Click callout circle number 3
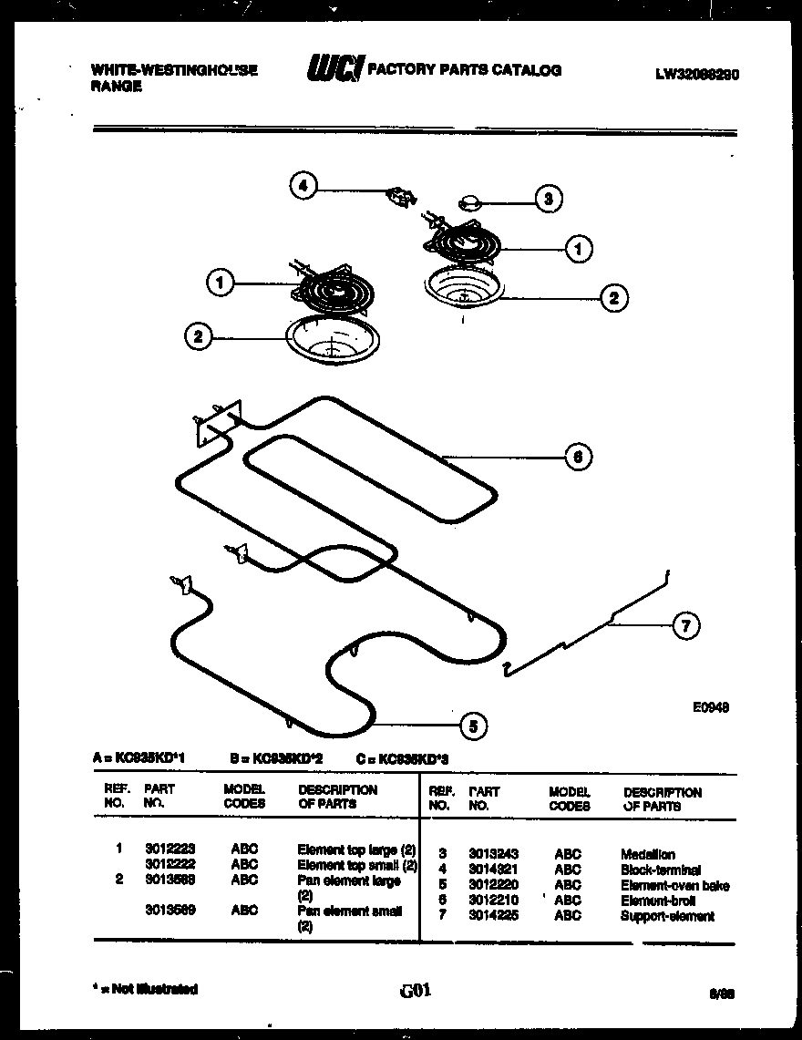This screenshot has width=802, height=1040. (x=548, y=199)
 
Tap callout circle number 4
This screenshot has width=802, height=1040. (x=303, y=187)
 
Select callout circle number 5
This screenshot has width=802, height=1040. (x=471, y=726)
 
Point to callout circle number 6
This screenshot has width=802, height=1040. (x=578, y=456)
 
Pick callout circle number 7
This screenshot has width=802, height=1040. (x=685, y=626)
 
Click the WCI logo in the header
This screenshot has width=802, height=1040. (x=335, y=69)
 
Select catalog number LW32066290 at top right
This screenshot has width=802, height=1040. (x=696, y=76)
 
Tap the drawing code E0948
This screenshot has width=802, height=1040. (x=711, y=705)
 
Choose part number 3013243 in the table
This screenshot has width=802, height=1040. (x=493, y=854)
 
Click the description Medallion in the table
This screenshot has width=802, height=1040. (x=648, y=854)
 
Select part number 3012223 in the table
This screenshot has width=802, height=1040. (x=169, y=849)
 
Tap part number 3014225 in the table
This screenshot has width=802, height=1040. (x=493, y=916)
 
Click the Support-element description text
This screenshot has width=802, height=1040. (x=667, y=916)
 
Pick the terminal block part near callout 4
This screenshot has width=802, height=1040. (x=398, y=194)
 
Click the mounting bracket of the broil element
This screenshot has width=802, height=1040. (x=216, y=421)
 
